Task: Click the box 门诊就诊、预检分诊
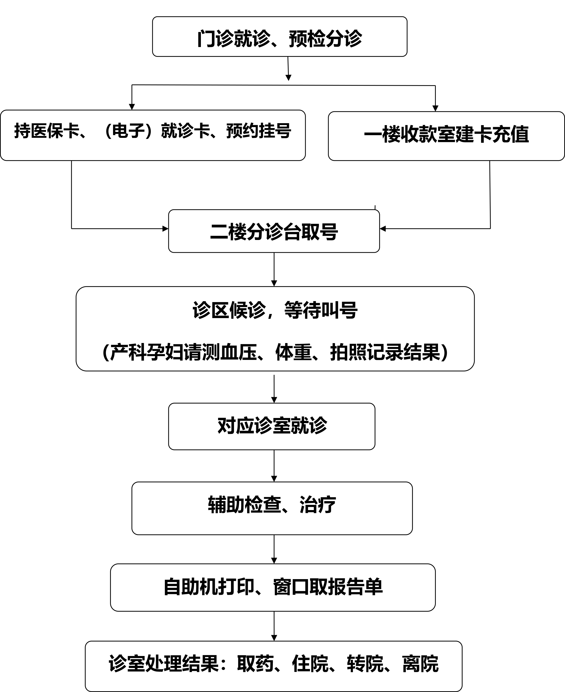(280, 36)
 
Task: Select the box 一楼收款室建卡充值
(446, 136)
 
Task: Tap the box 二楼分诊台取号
(274, 231)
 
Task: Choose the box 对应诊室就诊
(272, 426)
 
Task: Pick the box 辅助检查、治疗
(272, 508)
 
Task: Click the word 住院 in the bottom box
(310, 664)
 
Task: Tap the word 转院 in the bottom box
(365, 664)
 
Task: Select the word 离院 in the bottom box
(420, 664)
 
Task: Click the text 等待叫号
(321, 310)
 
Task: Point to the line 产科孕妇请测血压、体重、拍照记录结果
(275, 352)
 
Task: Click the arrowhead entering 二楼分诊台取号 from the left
(165, 229)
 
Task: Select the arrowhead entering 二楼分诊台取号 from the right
(383, 229)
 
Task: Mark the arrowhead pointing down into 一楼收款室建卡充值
(436, 108)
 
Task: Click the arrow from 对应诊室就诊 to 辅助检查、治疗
(274, 466)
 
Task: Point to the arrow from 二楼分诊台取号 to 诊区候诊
(274, 269)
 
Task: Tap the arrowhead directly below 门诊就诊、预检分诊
(288, 78)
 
